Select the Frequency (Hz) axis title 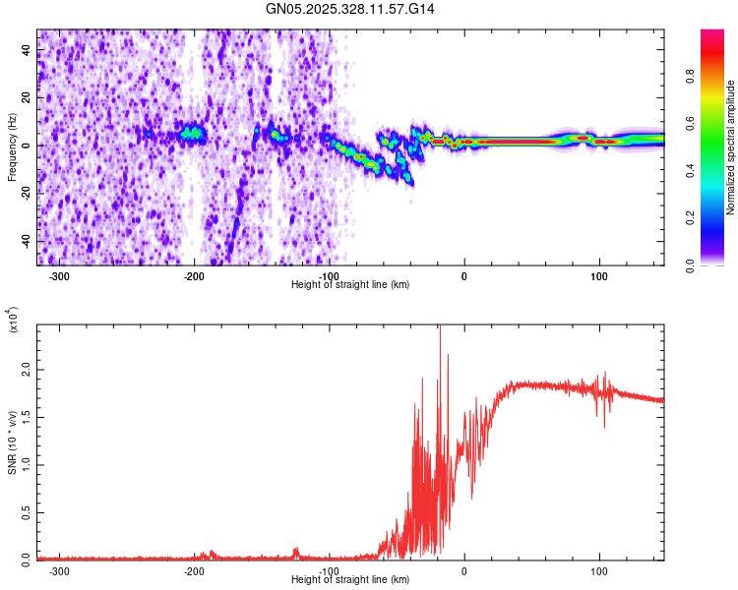12,147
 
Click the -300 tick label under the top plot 60,276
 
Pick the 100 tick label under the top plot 598,276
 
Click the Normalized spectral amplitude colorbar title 730,147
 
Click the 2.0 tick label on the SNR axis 26,370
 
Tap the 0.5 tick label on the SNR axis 26,512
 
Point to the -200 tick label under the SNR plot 194,571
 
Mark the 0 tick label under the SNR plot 464,571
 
